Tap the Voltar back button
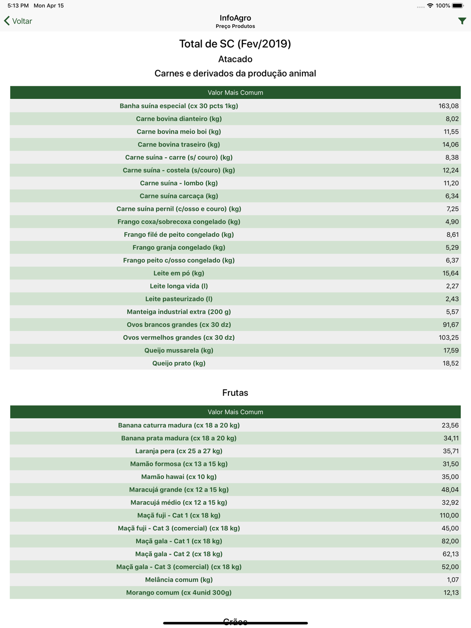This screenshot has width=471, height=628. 18,21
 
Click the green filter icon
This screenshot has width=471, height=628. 462,21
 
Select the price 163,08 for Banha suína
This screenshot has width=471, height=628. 448,106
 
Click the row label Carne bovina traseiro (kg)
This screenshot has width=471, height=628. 179,145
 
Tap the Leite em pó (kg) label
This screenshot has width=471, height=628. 179,273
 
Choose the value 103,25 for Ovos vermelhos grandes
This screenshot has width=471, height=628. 448,338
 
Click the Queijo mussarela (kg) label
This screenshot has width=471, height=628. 179,350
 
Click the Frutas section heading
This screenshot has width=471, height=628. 235,393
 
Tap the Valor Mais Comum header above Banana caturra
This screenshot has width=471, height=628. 235,412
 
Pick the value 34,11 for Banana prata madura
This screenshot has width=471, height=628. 451,438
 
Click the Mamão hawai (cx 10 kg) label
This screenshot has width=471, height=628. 179,477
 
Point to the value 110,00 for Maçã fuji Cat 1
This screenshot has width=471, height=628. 449,515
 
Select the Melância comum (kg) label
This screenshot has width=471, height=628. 179,580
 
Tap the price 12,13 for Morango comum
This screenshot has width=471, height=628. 451,593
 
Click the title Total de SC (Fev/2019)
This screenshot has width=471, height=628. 235,44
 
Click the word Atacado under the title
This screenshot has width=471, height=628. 235,59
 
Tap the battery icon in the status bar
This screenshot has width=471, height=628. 458,6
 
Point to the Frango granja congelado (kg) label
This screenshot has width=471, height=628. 179,248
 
